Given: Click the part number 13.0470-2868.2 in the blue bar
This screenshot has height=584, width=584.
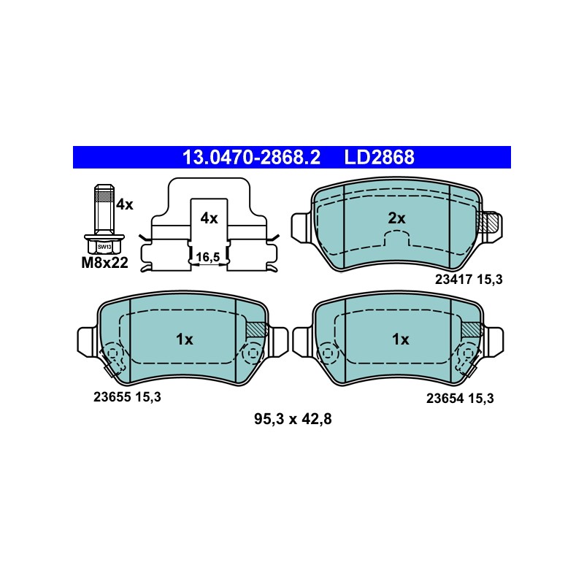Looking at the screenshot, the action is [x=251, y=157].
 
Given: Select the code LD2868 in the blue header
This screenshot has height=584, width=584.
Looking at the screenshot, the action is [x=379, y=157].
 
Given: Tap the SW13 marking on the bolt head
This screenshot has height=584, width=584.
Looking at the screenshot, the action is [x=104, y=247].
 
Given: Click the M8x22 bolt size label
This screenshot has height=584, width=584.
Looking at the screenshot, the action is [x=104, y=263].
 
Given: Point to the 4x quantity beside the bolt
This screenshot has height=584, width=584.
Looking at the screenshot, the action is [x=124, y=204].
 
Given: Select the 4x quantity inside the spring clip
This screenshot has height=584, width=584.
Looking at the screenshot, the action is [x=209, y=218].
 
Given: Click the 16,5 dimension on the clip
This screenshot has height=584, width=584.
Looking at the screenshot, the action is [x=208, y=257].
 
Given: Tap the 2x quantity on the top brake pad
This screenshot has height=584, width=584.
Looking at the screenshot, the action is [x=396, y=218].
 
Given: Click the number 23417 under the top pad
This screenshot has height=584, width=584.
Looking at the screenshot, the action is [x=453, y=280].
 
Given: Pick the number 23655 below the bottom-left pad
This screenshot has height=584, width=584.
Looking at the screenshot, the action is [x=112, y=397].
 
